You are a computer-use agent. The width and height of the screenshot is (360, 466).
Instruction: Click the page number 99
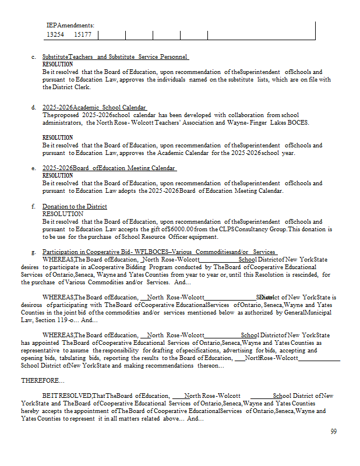(333, 432)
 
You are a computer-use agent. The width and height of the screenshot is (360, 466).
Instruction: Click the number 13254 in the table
(55, 35)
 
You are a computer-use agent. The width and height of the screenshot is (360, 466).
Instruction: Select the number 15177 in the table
(83, 35)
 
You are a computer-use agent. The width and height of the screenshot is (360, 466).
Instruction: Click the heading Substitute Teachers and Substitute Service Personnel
(115, 57)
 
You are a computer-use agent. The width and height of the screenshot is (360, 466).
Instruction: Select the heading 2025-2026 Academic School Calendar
(94, 108)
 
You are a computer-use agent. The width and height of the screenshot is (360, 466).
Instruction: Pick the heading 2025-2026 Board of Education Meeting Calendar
(109, 168)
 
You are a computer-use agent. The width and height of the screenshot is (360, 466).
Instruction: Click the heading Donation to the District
(75, 206)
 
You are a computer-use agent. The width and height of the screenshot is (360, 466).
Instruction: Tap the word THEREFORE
(43, 380)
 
